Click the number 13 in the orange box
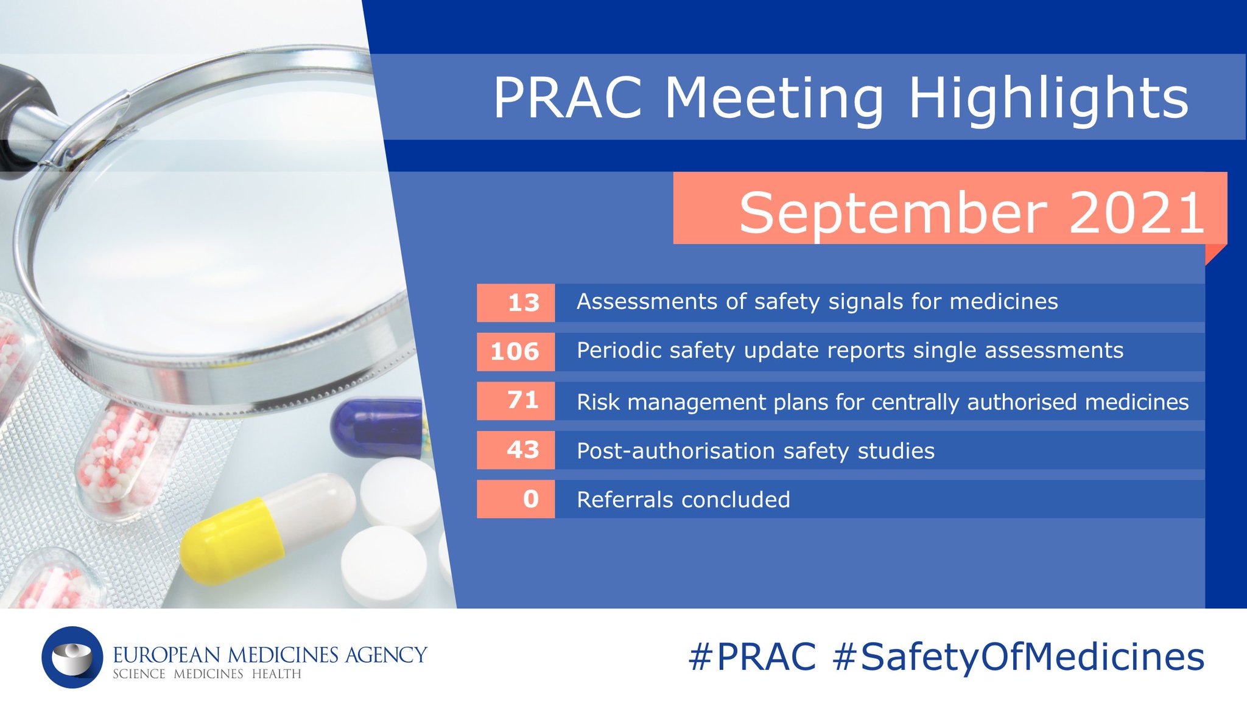tap(524, 302)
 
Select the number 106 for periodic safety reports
tap(515, 351)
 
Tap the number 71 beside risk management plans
tap(523, 400)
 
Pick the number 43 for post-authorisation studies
tap(523, 450)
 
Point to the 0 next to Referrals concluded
tap(531, 499)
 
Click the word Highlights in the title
tap(1048, 99)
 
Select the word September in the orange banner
tap(893, 212)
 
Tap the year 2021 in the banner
tap(1136, 212)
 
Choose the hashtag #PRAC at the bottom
tap(752, 657)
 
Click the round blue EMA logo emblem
tap(72, 657)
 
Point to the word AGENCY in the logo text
tap(386, 655)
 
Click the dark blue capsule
tap(378, 426)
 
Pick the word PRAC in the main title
tap(567, 99)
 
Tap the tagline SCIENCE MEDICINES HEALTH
tap(207, 674)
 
